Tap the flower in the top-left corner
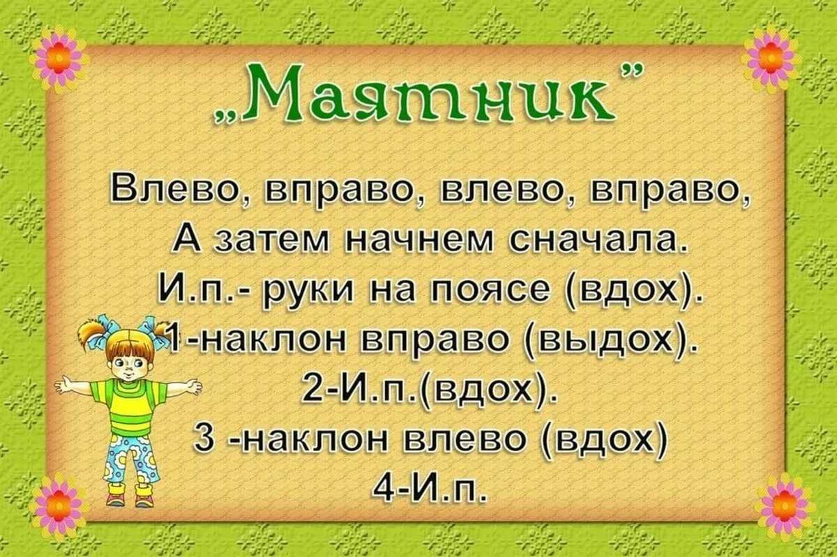tap(59, 58)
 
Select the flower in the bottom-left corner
tap(59, 504)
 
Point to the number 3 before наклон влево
tap(202, 440)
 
